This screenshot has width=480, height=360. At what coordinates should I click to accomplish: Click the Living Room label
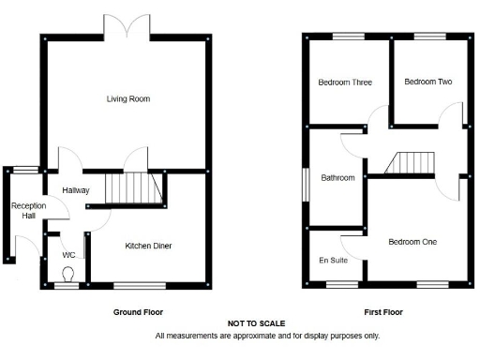128,98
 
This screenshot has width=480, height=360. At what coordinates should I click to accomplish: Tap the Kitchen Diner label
149,247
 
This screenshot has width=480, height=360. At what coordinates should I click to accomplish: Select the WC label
68,254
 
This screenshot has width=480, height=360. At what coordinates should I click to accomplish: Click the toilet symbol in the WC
67,274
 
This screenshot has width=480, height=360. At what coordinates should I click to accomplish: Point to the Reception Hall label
22,211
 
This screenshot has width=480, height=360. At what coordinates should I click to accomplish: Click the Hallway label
76,190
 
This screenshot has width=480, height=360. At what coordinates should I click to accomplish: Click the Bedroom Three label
345,82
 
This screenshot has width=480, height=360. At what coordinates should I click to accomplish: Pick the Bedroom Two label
428,82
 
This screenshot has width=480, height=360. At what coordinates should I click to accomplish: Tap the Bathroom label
337,177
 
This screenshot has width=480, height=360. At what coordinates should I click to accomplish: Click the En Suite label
333,260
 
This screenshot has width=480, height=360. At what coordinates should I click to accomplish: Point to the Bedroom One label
413,242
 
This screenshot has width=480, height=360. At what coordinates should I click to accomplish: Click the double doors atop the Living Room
128,25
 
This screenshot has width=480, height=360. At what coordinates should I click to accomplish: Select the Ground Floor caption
136,311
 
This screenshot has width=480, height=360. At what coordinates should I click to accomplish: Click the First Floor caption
383,311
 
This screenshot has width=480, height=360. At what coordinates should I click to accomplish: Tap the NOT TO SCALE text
256,323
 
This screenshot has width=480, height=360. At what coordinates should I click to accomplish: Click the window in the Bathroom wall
305,183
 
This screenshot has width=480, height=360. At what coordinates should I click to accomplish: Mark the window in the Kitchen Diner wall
140,284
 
